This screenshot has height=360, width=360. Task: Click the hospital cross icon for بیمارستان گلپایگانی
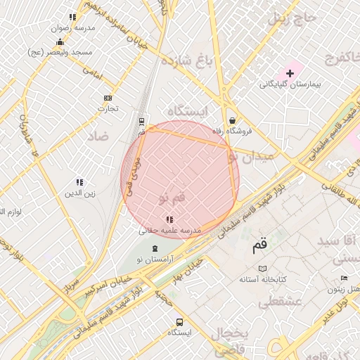point(290,73)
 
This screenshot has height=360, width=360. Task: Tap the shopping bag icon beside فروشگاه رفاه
point(232,120)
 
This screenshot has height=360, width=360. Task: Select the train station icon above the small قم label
point(141,122)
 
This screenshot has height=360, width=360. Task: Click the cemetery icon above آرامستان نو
point(154,247)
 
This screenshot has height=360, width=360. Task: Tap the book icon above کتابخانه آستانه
point(263,269)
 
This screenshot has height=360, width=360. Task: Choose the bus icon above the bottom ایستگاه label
point(179,322)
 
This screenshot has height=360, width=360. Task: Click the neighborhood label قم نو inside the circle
point(171,200)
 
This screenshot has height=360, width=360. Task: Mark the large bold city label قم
point(259,246)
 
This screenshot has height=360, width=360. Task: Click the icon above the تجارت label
point(108,98)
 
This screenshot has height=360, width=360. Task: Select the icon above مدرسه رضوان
point(72,17)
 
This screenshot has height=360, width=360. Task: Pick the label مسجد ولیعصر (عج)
point(56,52)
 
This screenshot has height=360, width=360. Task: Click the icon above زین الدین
point(80,182)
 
